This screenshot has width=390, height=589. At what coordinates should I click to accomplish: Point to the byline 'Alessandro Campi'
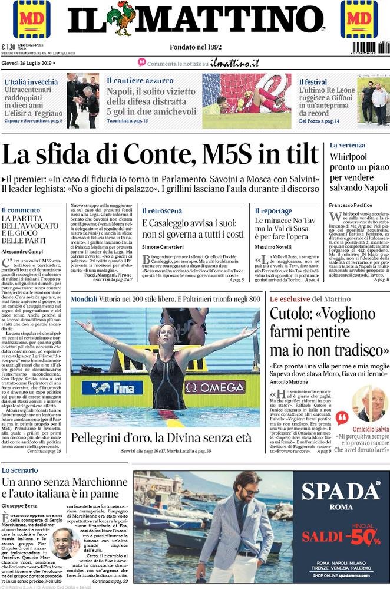pyautogui.click(x=21, y=250)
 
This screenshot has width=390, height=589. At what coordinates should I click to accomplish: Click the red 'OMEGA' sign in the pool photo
pyautogui.click(x=216, y=387)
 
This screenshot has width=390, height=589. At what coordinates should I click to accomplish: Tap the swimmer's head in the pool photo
pyautogui.click(x=167, y=335)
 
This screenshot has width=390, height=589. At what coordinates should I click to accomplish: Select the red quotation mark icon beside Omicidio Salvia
pyautogui.click(x=342, y=418)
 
